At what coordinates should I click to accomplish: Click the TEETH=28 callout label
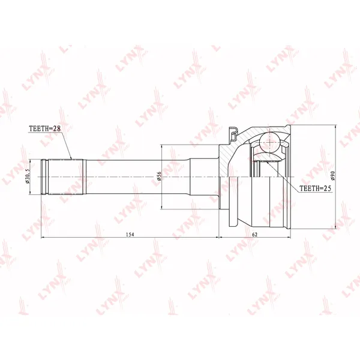coord(45,128)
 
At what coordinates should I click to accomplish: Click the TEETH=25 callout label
coord(316,188)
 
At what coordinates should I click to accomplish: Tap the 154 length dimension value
coord(130,234)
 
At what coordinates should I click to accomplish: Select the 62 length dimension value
coord(255,234)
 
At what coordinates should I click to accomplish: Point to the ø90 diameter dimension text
coord(334,176)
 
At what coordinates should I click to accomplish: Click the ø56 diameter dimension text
coord(160,176)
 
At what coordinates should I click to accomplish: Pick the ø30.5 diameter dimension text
coord(28,176)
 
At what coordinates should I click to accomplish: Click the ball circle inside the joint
coord(270,142)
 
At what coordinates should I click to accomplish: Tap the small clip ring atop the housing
coord(233,133)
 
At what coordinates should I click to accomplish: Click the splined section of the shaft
coord(66,177)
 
